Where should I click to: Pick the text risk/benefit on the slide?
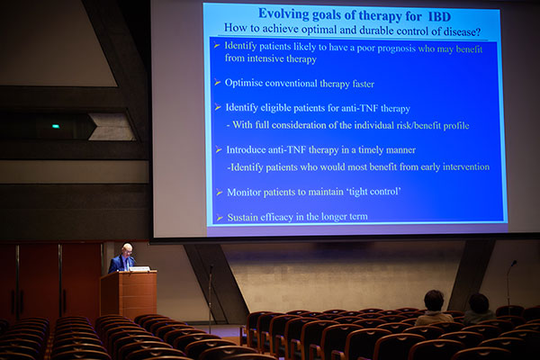click(418, 125)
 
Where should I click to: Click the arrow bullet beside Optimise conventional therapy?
click(217, 82)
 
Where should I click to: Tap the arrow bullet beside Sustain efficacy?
click(220, 218)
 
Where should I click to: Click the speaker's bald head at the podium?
click(127, 248)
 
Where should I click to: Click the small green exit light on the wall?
click(56, 126)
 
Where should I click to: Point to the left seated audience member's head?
click(434, 300)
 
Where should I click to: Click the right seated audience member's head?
click(479, 302)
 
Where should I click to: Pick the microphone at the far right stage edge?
click(509, 283)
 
